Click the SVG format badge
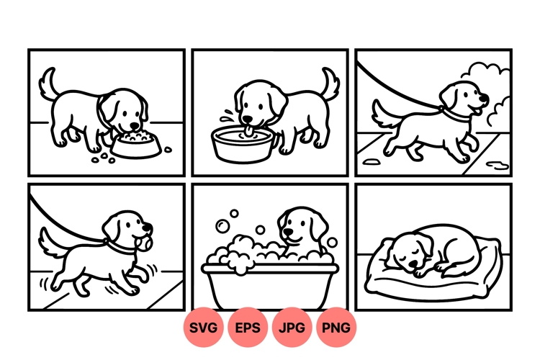204,328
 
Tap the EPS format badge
248,328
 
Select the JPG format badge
292,328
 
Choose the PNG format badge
336,328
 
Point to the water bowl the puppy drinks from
245,144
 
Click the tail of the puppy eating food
49,83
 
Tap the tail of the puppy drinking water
331,82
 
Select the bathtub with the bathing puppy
269,284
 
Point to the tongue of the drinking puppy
248,130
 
